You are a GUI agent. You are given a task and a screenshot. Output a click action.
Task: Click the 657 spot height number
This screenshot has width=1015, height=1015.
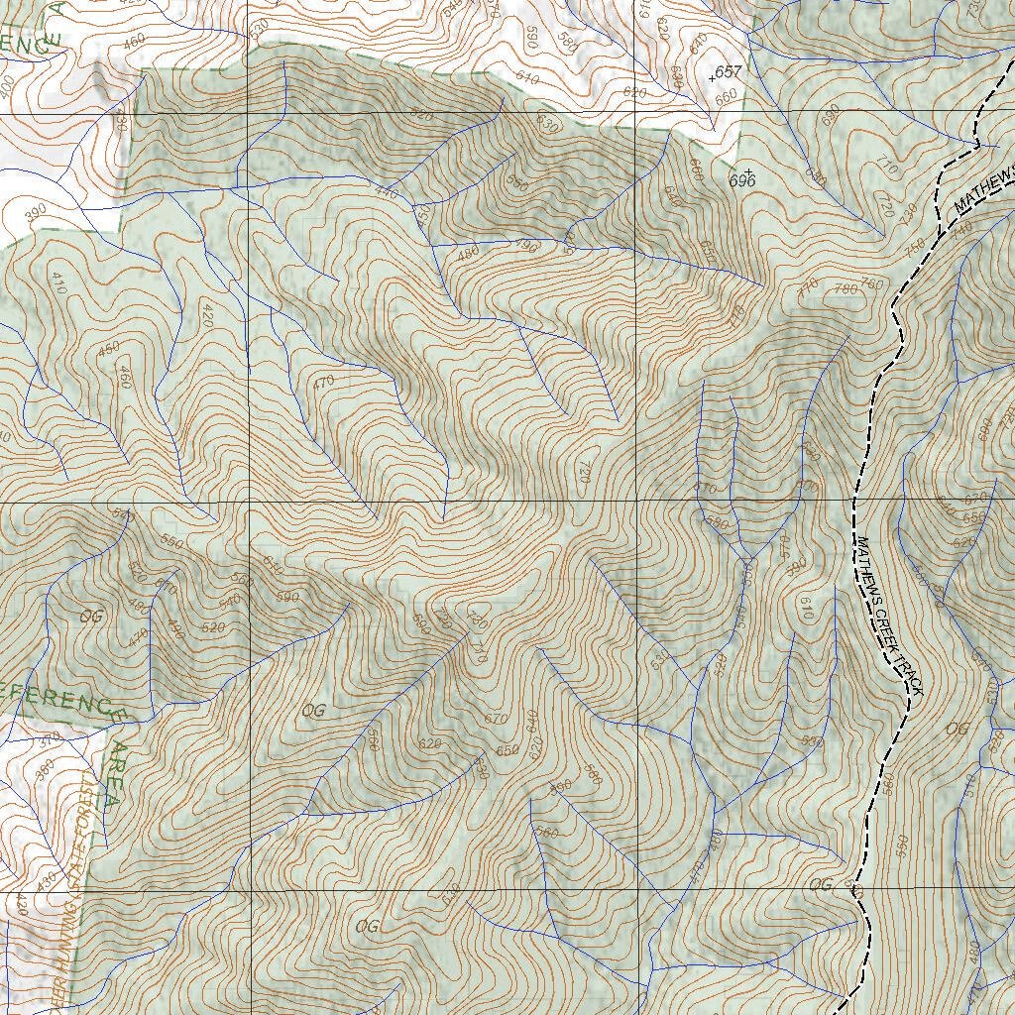tap(729, 72)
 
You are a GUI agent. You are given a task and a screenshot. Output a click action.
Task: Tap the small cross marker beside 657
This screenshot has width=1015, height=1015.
tap(712, 75)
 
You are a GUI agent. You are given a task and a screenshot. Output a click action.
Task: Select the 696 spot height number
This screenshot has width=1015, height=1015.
tap(742, 181)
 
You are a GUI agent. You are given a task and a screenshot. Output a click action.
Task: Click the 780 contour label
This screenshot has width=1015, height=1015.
tap(846, 289)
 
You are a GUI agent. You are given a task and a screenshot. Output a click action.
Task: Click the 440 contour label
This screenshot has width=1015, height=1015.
tap(386, 194)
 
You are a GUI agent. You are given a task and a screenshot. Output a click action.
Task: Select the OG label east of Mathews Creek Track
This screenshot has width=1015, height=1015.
tap(957, 730)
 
